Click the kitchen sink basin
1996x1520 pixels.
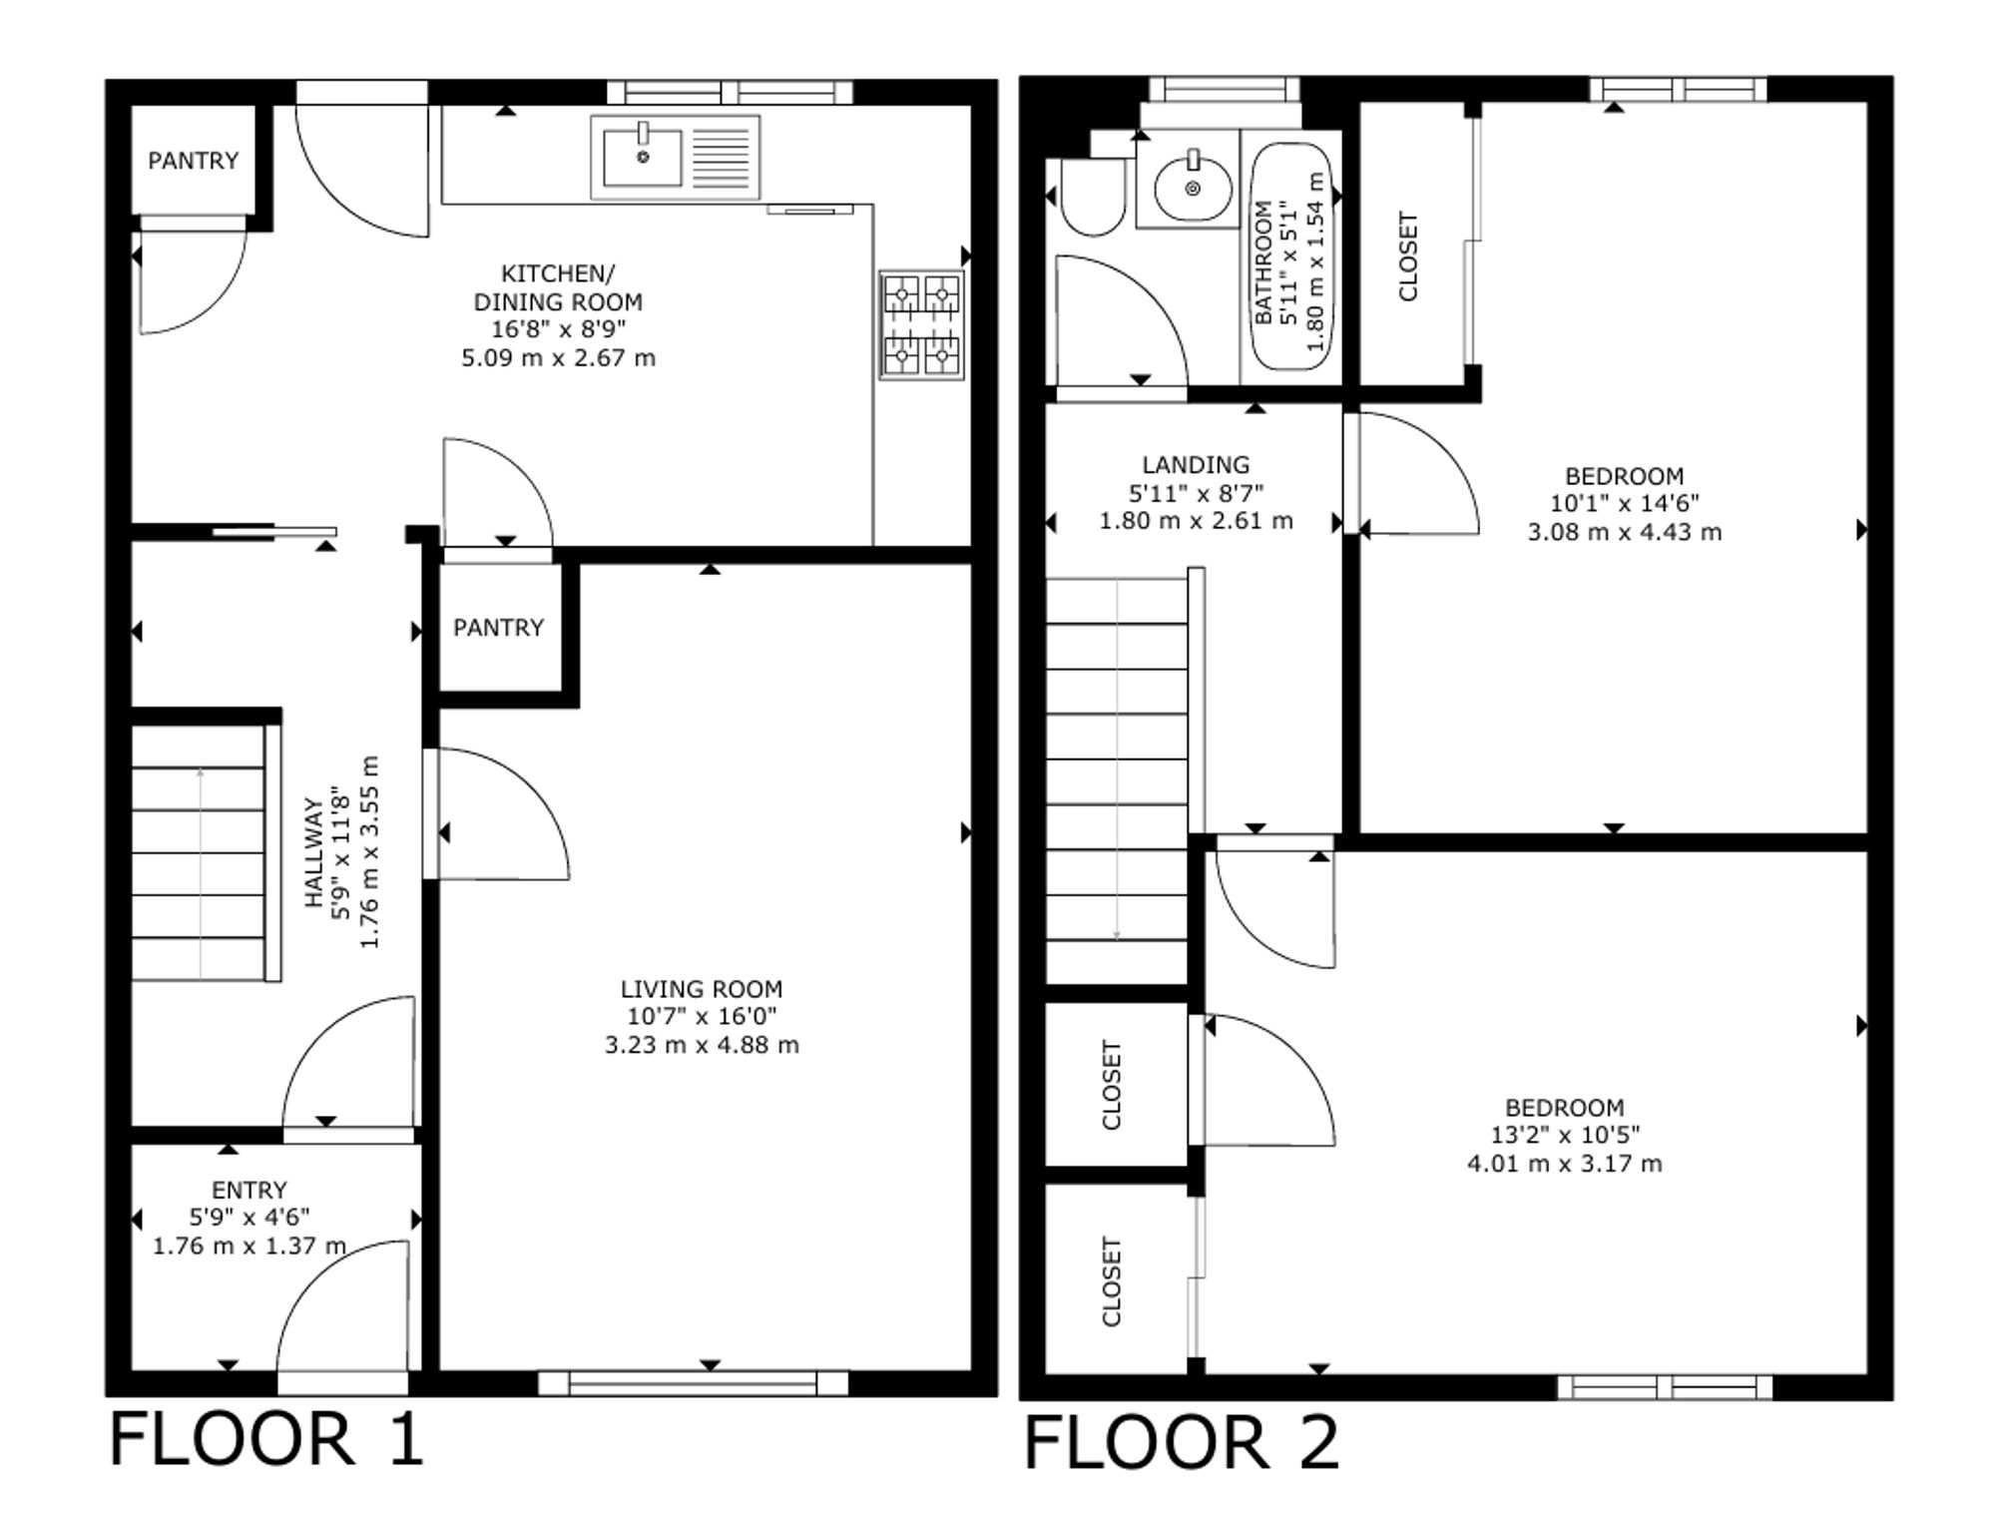click(x=643, y=158)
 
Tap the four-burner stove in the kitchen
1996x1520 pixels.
click(x=922, y=324)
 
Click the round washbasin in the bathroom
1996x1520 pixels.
click(x=1193, y=187)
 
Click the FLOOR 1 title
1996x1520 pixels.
click(x=266, y=1438)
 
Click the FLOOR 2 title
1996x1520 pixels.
click(x=1182, y=1442)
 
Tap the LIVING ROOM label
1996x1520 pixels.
click(x=702, y=989)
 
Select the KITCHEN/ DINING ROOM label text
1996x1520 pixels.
click(x=558, y=287)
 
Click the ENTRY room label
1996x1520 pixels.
click(x=249, y=1190)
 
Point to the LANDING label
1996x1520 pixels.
click(x=1196, y=464)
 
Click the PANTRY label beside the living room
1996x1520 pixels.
click(x=498, y=627)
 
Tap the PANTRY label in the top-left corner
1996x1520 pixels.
click(x=193, y=160)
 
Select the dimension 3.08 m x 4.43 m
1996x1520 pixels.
click(x=1624, y=532)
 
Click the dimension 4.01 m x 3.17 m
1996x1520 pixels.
click(x=1564, y=1163)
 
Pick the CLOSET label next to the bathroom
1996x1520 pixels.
click(x=1408, y=255)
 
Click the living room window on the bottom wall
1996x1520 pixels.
click(x=693, y=1383)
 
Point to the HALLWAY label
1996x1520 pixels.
click(x=314, y=851)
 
